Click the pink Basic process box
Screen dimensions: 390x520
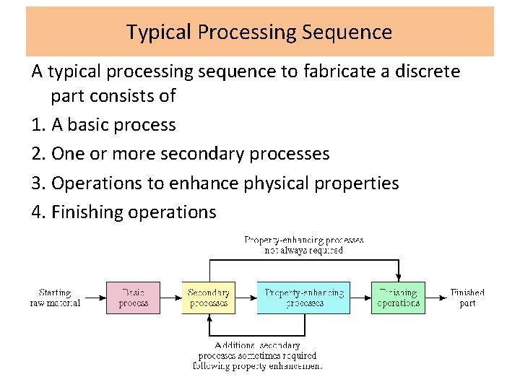click(134, 298)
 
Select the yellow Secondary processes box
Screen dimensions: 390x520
click(208, 298)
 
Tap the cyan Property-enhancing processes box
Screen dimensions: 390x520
click(303, 298)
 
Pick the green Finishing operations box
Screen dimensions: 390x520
click(398, 298)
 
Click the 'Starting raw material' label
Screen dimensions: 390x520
click(55, 298)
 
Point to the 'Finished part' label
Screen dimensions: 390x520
click(467, 298)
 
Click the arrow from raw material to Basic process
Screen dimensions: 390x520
click(95, 298)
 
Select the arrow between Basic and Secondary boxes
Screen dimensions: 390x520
click(170, 298)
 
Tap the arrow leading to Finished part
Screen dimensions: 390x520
click(435, 298)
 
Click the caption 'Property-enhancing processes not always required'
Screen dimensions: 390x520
click(303, 245)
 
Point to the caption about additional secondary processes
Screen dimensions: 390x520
click(257, 355)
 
